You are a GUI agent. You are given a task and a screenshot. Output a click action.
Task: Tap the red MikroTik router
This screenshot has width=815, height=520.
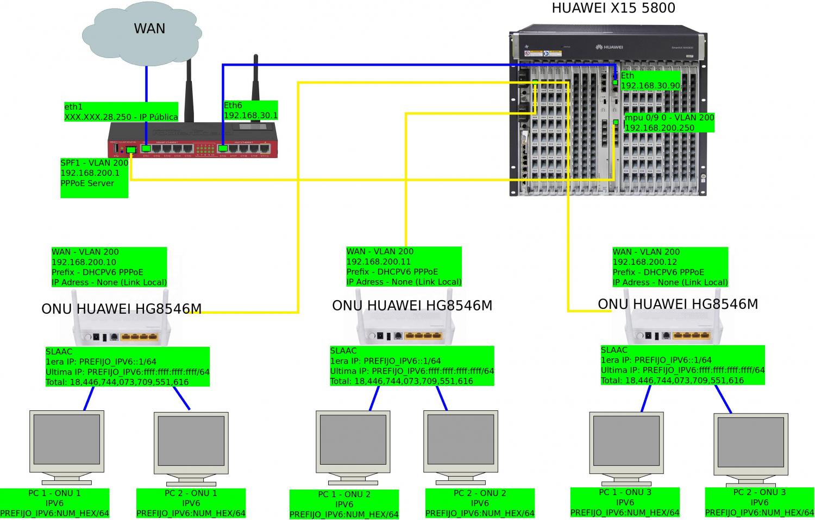[x=193, y=140]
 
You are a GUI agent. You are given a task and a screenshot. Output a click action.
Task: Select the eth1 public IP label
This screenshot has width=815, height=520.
[x=121, y=112]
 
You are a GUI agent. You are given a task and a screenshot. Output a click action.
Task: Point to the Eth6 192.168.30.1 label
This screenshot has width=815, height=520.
[x=250, y=110]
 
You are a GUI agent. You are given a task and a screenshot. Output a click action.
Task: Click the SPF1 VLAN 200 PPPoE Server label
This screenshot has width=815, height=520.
[x=95, y=177]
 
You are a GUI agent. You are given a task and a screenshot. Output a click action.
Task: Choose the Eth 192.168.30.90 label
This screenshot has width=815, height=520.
[x=650, y=81]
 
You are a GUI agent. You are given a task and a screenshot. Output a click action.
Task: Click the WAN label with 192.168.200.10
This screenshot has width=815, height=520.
[x=109, y=267]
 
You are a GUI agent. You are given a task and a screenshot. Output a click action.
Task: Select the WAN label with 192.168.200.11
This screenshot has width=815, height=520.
[x=404, y=267]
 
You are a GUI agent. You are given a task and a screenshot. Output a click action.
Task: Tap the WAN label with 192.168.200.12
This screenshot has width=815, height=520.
[x=670, y=267]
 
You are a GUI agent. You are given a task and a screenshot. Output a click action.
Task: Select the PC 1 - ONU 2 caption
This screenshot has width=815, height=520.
[x=344, y=504]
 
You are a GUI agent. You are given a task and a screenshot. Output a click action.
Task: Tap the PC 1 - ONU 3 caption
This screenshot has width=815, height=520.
[x=625, y=503]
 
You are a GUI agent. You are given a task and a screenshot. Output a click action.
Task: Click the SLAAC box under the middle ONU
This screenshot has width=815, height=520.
[x=412, y=366]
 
